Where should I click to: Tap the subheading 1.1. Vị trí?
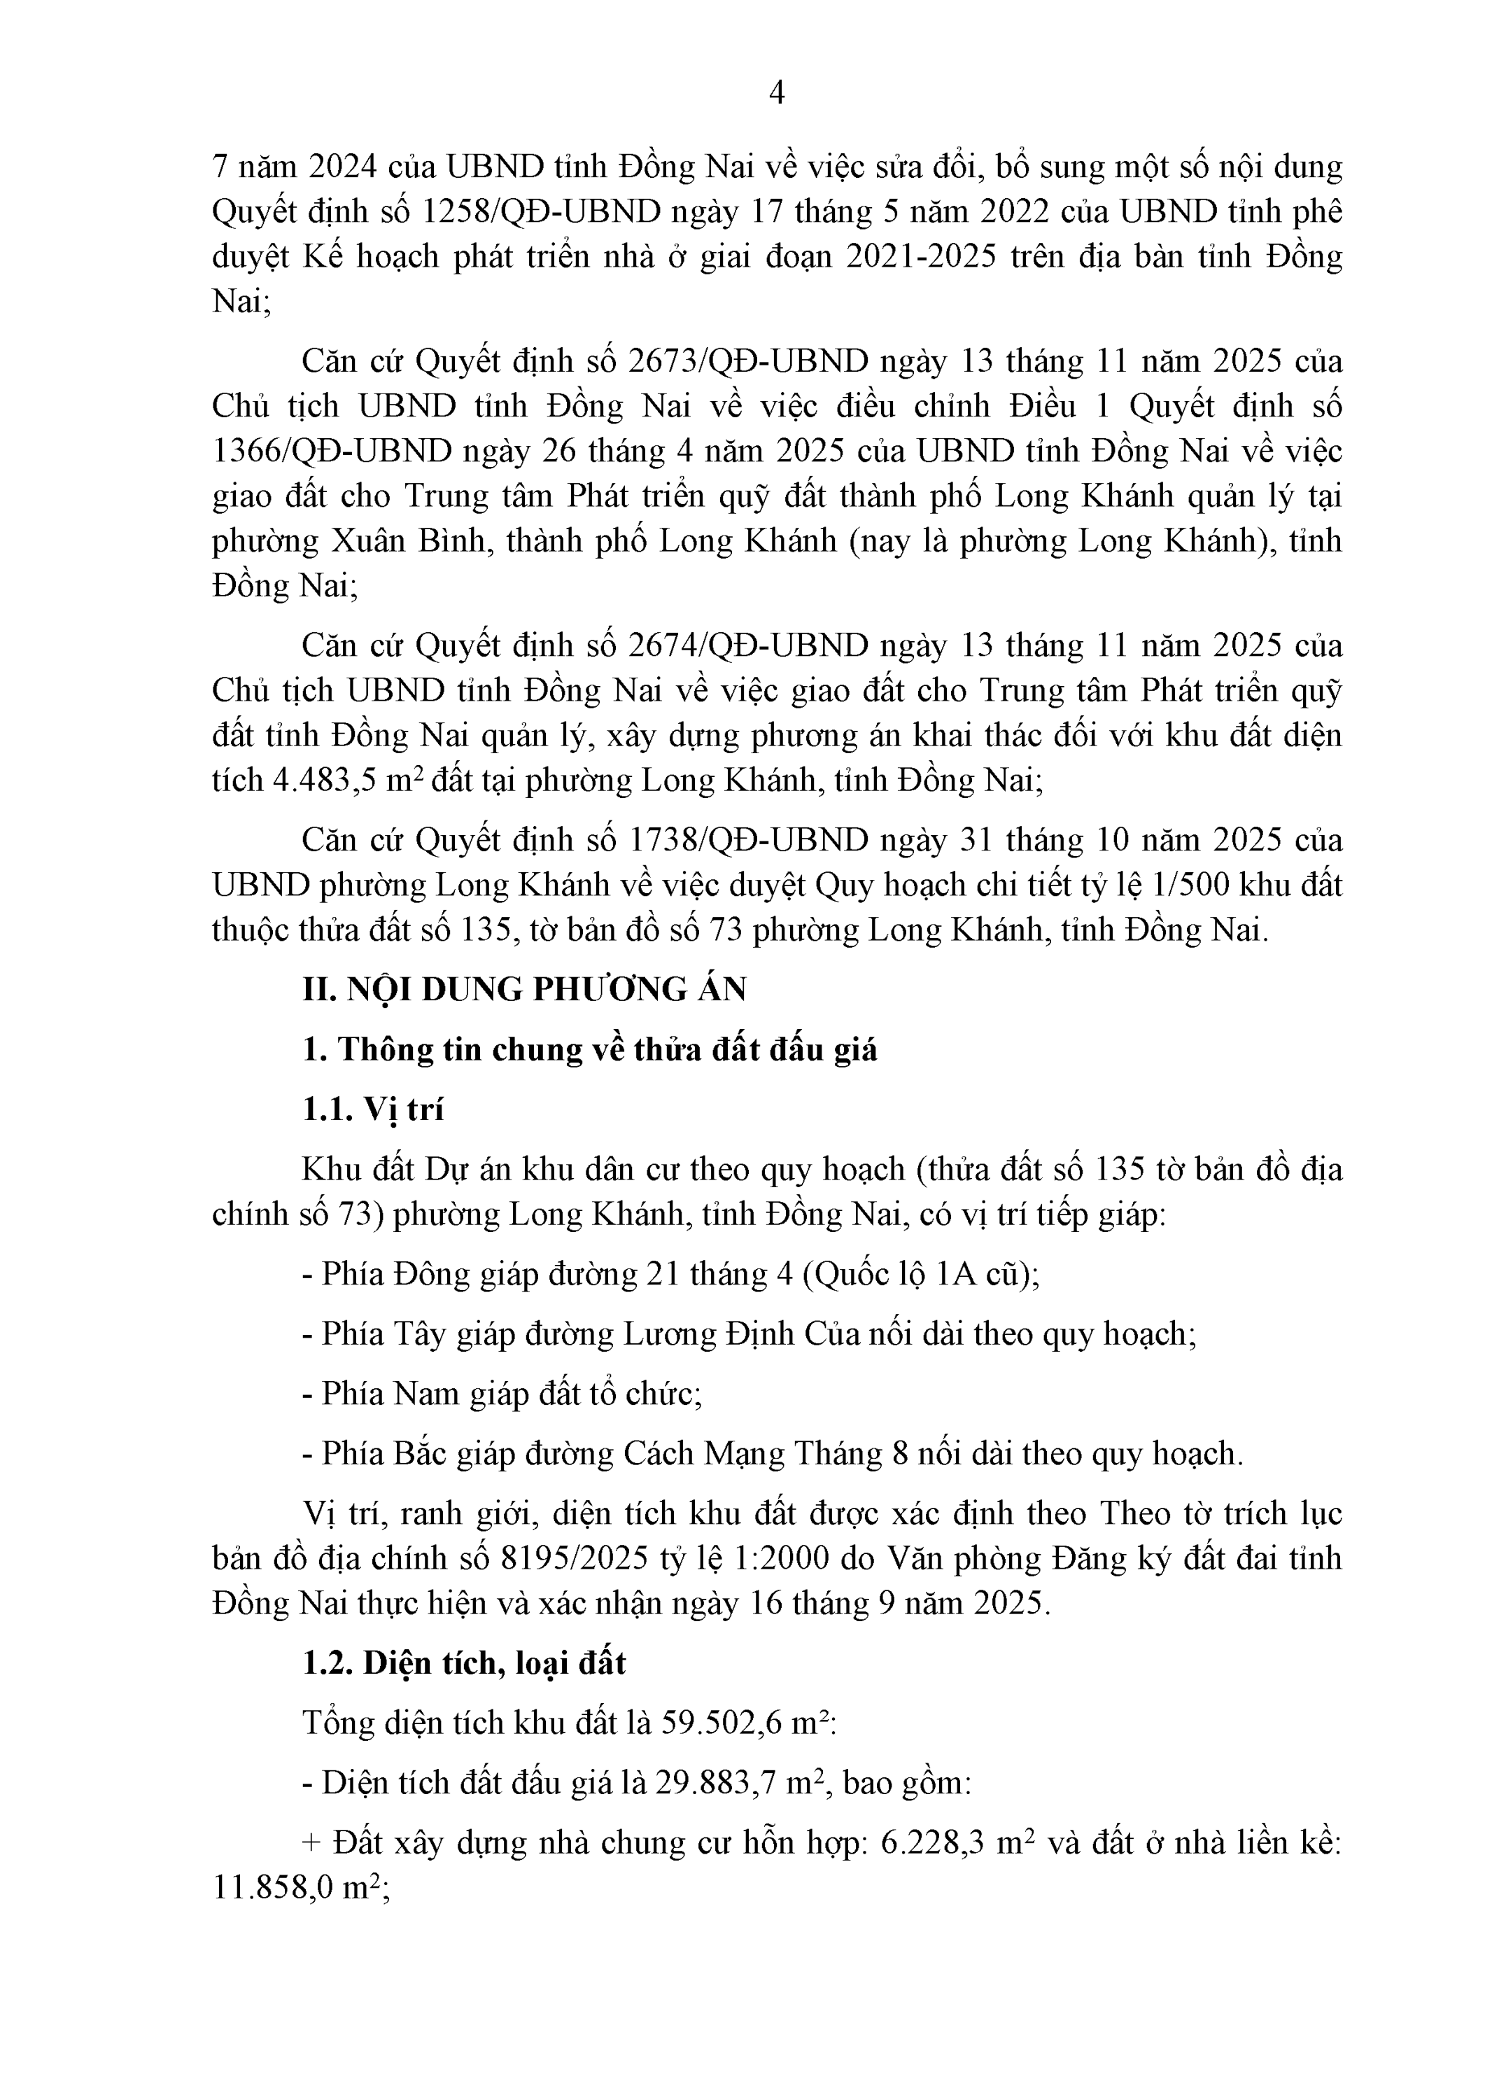click(x=372, y=1109)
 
